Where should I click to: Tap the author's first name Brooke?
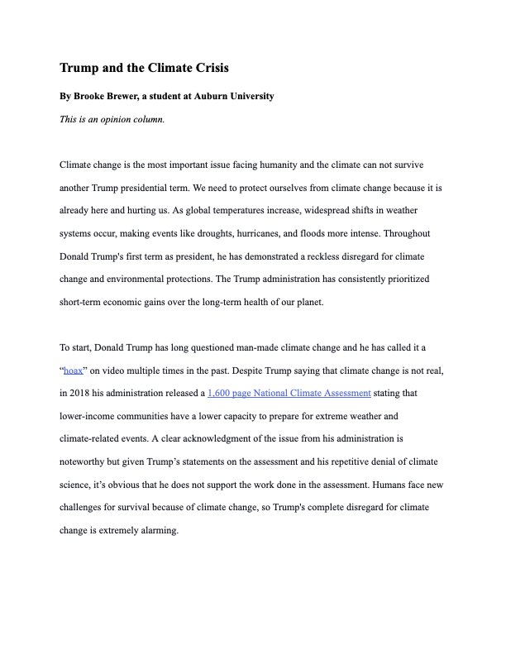pyautogui.click(x=92, y=96)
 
